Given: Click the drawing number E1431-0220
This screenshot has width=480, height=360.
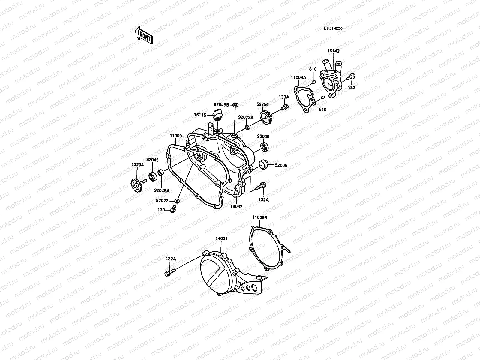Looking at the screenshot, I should [333, 28].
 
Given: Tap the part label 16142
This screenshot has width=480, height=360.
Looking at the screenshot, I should [333, 51].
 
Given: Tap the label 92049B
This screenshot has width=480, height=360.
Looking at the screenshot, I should [221, 105].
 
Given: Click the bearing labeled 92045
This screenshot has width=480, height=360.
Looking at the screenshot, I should [152, 177].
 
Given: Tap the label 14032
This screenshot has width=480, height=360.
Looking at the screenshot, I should [236, 206].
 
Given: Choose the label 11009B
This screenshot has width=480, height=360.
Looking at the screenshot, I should [260, 217].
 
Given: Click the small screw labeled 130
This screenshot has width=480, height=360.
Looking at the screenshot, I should [173, 209].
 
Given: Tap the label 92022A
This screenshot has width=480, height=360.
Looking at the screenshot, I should [246, 117].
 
